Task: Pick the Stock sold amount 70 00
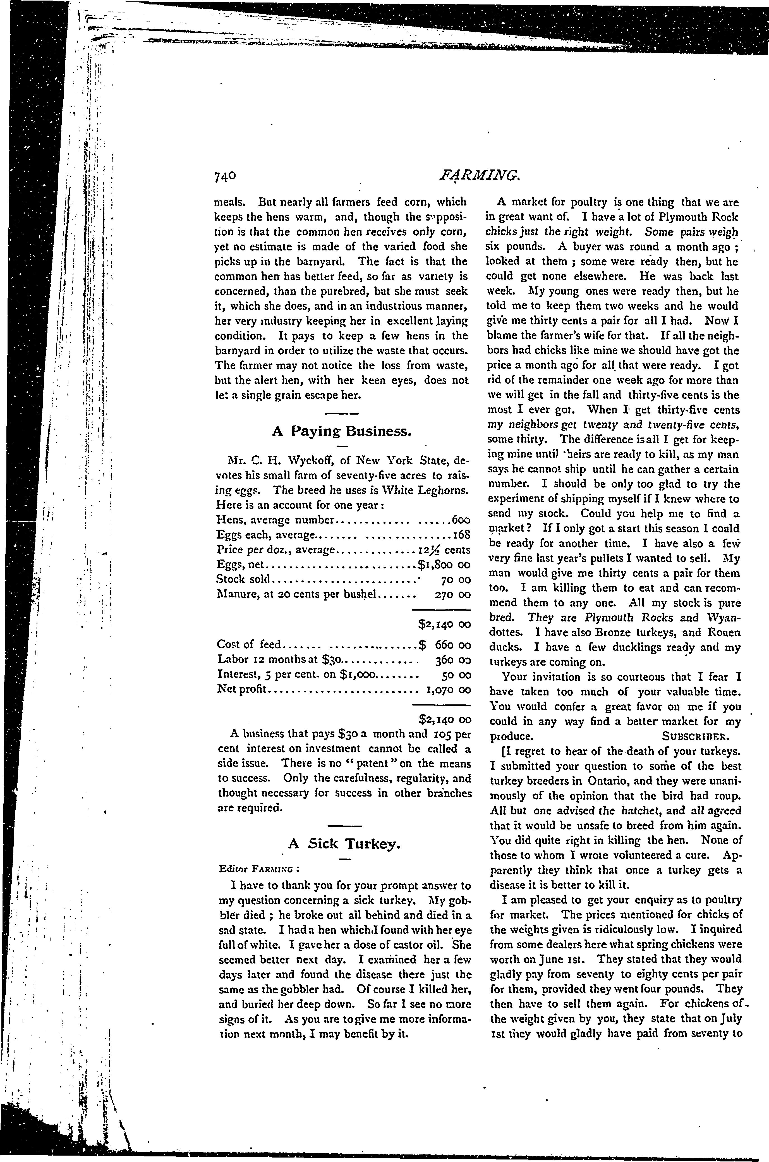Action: (x=456, y=580)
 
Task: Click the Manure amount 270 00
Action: (x=453, y=594)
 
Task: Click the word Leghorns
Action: (x=443, y=491)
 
